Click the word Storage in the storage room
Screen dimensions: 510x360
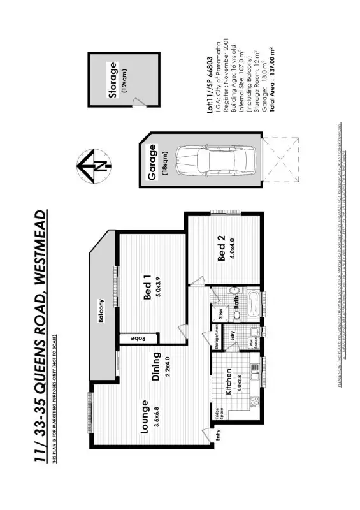click(113, 80)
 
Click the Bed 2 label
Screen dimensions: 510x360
click(221, 249)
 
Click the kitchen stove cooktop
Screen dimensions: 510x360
click(254, 401)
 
